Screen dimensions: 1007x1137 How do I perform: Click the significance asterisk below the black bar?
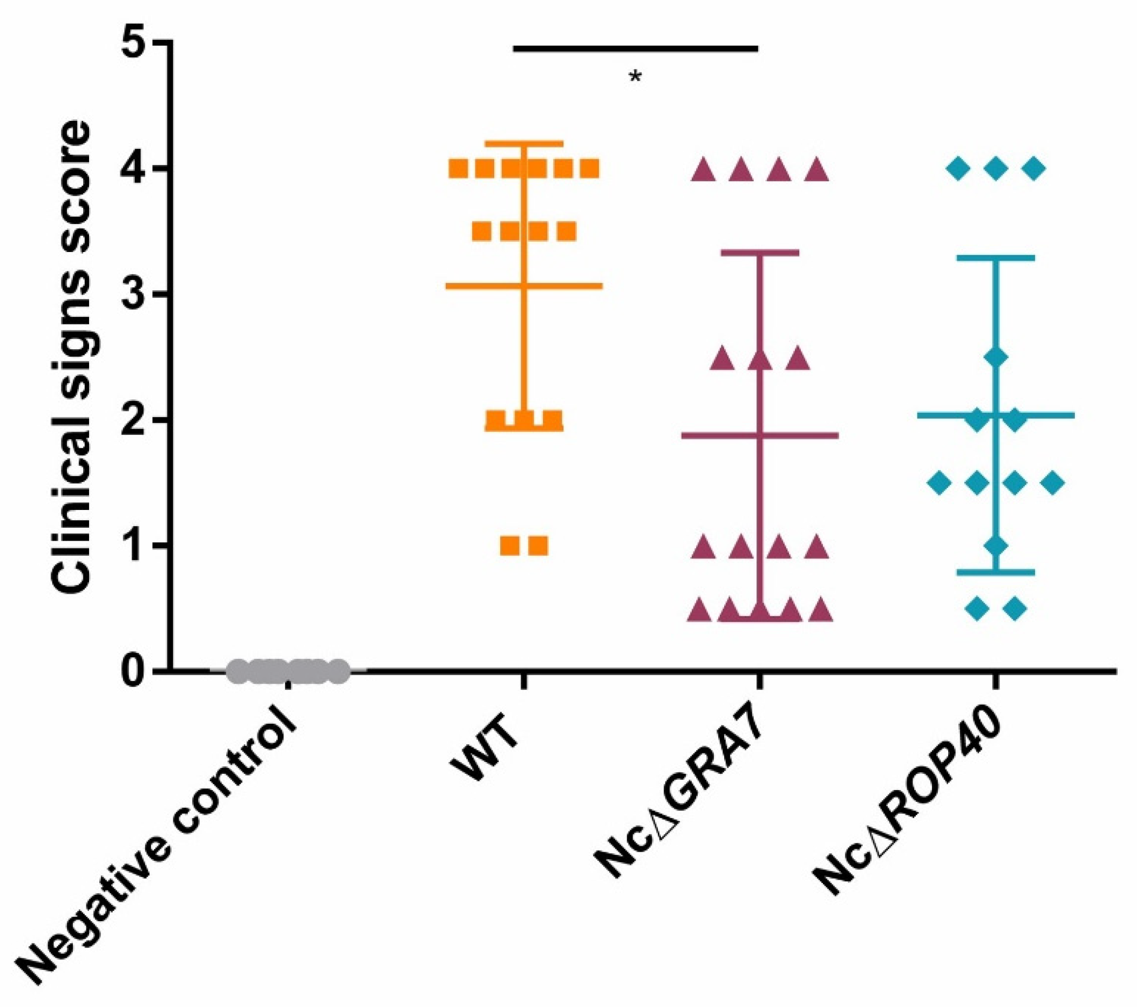[x=635, y=76]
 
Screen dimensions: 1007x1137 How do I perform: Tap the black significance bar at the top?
[x=635, y=49]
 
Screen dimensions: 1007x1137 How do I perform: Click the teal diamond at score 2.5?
[x=996, y=357]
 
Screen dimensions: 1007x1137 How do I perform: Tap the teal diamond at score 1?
[x=996, y=545]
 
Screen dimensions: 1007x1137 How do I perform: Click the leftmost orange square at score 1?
[x=510, y=546]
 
